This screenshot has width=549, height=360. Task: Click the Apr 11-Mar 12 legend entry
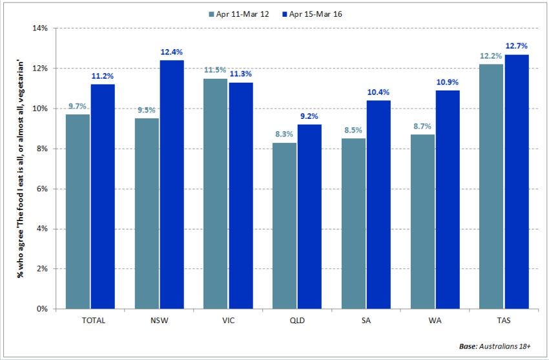[238, 14]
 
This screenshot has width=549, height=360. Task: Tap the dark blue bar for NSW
[172, 184]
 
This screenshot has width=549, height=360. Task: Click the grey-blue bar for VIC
[215, 193]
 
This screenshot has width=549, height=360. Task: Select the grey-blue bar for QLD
[284, 226]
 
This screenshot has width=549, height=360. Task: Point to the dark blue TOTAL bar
[103, 196]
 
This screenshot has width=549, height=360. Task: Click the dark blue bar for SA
[379, 204]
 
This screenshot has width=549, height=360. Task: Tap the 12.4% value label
[172, 52]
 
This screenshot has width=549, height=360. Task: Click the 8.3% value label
[284, 134]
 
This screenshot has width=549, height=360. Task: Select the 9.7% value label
[78, 106]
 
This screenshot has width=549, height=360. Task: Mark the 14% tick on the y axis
[41, 28]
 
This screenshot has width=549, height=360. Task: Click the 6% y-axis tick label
[43, 189]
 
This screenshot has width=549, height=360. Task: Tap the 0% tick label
[43, 309]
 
